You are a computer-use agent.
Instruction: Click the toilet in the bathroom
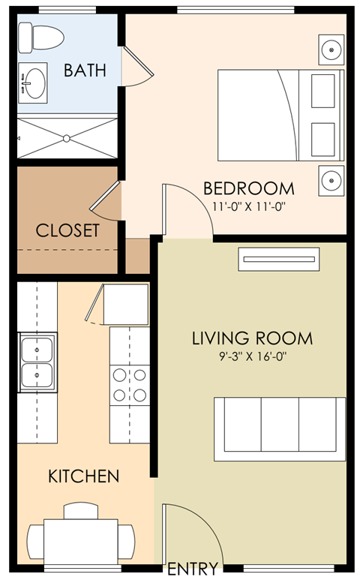(41, 38)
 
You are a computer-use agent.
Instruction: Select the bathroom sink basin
(35, 83)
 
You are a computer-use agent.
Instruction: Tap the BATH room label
(85, 71)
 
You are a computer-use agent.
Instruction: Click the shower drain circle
(67, 139)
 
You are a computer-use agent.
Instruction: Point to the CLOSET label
(67, 230)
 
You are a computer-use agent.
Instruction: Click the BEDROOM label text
(249, 188)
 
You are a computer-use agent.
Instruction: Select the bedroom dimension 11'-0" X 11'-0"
(250, 206)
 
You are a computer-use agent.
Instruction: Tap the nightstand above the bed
(331, 50)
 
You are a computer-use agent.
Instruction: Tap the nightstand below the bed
(331, 181)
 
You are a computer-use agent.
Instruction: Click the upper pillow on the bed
(323, 91)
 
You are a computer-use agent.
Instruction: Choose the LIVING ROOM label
(252, 338)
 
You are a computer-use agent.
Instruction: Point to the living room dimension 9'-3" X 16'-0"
(253, 356)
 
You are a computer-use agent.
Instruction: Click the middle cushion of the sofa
(280, 424)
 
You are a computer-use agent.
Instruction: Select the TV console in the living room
(279, 260)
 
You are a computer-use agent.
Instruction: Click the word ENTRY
(193, 568)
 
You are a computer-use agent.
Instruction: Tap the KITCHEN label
(84, 476)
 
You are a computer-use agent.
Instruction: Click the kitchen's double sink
(37, 362)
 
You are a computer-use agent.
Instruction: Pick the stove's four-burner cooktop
(130, 386)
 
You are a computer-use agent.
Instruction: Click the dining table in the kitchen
(81, 542)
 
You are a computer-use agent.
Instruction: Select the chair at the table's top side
(81, 511)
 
